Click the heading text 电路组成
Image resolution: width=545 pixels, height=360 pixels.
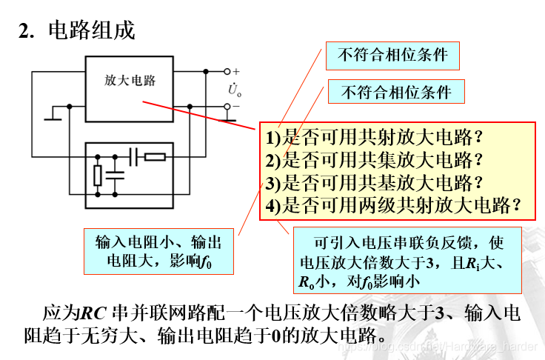coord(92,31)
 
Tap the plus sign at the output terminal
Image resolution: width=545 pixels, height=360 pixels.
coord(236,71)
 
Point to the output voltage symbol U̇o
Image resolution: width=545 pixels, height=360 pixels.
coord(235,90)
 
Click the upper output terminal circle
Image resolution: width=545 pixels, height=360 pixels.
coord(227,72)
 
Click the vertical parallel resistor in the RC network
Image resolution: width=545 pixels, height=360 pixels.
coord(98,175)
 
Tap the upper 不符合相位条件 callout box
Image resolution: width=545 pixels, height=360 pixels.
coord(392,55)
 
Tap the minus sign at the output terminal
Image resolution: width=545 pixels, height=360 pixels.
coord(236,107)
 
